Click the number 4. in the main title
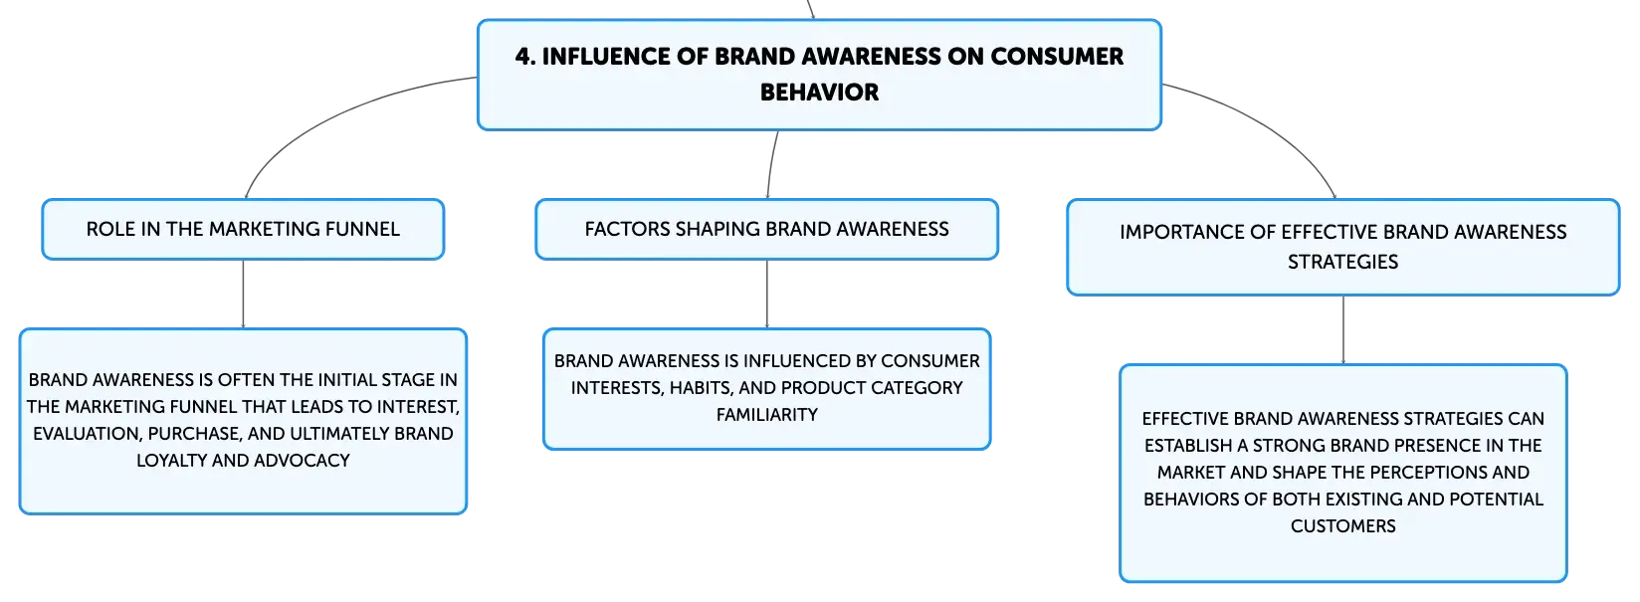click(525, 57)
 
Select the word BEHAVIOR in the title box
click(819, 93)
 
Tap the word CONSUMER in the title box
click(1057, 57)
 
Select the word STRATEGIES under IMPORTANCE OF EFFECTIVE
click(1342, 262)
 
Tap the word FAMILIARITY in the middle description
click(766, 415)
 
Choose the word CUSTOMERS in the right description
click(1342, 526)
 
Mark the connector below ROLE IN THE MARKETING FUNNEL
click(243, 295)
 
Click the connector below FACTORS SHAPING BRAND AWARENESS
click(767, 295)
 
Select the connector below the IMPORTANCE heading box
click(1343, 330)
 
